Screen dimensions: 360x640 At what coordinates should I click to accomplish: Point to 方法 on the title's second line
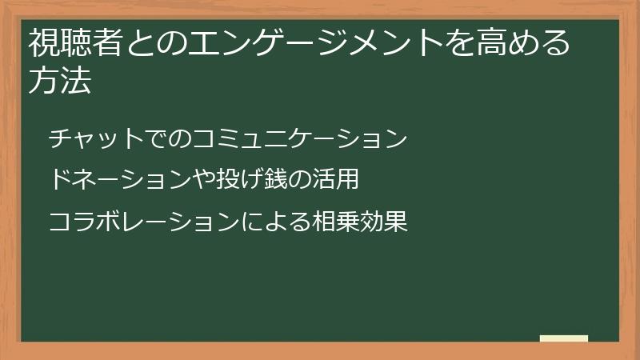[x=59, y=82]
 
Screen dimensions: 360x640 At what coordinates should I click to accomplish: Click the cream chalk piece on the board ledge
[x=563, y=338]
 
